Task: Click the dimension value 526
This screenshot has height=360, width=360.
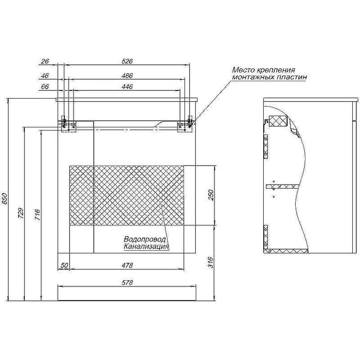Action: pyautogui.click(x=127, y=61)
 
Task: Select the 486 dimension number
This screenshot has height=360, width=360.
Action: pyautogui.click(x=127, y=76)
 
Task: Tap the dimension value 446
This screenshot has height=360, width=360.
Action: pyautogui.click(x=127, y=86)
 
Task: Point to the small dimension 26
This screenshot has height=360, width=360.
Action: pyautogui.click(x=45, y=61)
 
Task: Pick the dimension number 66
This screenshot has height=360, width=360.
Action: pyautogui.click(x=45, y=86)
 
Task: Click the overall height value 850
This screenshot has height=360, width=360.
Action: pyautogui.click(x=5, y=198)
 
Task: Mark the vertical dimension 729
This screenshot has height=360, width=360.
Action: pyautogui.click(x=21, y=213)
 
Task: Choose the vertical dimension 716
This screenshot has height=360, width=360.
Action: pyautogui.click(x=38, y=215)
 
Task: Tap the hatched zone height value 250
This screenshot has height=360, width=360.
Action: pyautogui.click(x=211, y=195)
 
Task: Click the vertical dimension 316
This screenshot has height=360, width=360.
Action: pyautogui.click(x=211, y=262)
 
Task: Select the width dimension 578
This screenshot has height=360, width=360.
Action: pyautogui.click(x=127, y=283)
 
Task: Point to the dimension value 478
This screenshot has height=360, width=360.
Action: pyautogui.click(x=127, y=265)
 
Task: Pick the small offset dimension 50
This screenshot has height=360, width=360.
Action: pyautogui.click(x=64, y=265)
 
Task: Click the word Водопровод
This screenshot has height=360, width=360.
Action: pyautogui.click(x=144, y=239)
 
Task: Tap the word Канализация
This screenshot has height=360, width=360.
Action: pyautogui.click(x=147, y=247)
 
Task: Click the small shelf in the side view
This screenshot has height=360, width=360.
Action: pyautogui.click(x=283, y=186)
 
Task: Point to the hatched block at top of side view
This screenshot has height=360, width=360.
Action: pyautogui.click(x=278, y=121)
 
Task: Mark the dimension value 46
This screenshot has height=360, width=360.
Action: pyautogui.click(x=45, y=76)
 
